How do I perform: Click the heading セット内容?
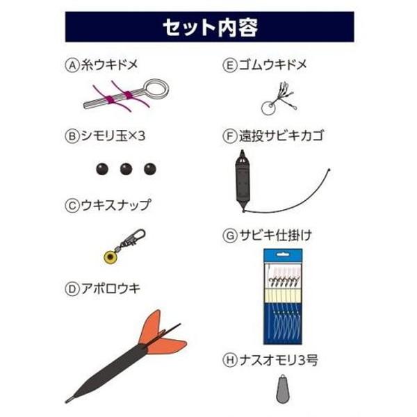(210, 27)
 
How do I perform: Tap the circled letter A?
(72, 65)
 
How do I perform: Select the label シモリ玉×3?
(113, 136)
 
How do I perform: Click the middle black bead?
(126, 169)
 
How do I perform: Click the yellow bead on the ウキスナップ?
(109, 257)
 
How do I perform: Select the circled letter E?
(230, 65)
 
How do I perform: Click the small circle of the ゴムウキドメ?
(268, 108)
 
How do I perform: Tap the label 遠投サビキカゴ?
(281, 136)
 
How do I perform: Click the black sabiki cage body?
(243, 181)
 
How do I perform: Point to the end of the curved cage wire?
(329, 170)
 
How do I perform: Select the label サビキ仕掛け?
(275, 236)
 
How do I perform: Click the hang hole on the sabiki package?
(283, 255)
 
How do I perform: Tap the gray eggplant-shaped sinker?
(283, 389)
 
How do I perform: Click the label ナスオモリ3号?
(279, 360)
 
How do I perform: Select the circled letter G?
(230, 236)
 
